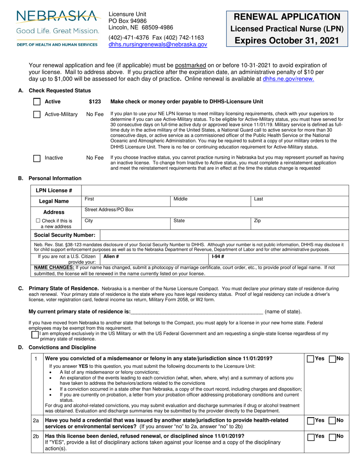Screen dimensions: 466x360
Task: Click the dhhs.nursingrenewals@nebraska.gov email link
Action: pyautogui.click(x=158, y=44)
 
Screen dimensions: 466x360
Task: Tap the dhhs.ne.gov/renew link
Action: pyautogui.click(x=288, y=79)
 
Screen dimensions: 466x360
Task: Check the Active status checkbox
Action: pyautogui.click(x=37, y=102)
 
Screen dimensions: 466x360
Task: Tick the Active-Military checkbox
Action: pyautogui.click(x=37, y=114)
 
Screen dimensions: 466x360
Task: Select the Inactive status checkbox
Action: pyautogui.click(x=37, y=158)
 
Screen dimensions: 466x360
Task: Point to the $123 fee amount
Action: pyautogui.click(x=95, y=102)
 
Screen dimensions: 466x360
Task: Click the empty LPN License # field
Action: pyautogui.click(x=215, y=190)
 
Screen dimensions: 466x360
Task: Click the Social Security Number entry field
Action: pyautogui.click(x=224, y=235)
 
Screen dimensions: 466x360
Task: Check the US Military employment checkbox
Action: pyautogui.click(x=35, y=335)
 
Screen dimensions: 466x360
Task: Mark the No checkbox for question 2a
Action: pyautogui.click(x=332, y=421)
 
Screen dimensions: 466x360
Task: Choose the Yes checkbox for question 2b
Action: pyautogui.click(x=310, y=437)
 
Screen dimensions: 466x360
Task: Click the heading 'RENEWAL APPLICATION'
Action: pyautogui.click(x=287, y=17)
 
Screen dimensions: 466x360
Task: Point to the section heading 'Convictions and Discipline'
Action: pyautogui.click(x=63, y=347)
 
